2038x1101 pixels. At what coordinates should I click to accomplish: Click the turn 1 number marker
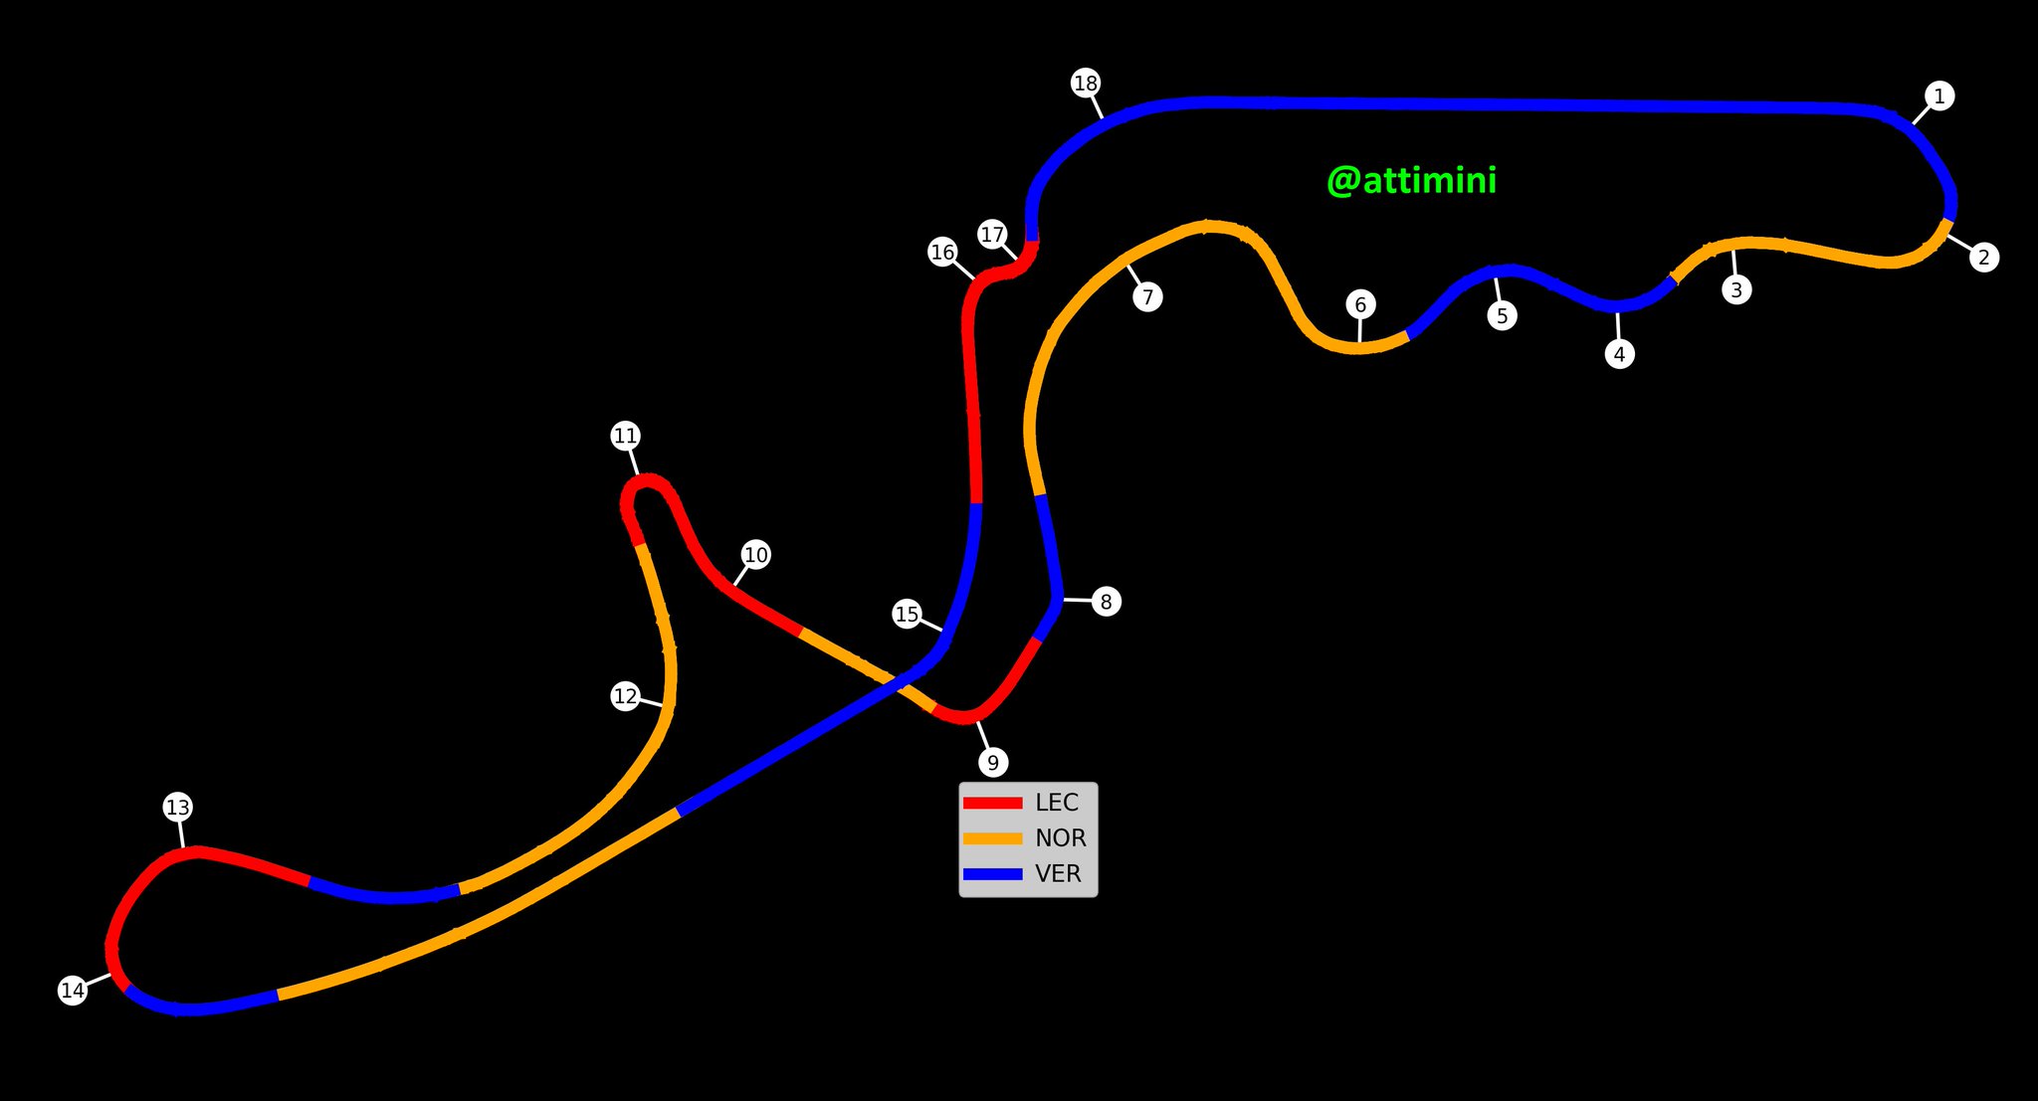click(x=1938, y=96)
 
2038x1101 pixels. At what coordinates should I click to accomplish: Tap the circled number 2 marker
click(x=1984, y=258)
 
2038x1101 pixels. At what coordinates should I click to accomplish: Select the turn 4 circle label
click(x=1619, y=354)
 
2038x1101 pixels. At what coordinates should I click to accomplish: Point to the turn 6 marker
click(x=1360, y=305)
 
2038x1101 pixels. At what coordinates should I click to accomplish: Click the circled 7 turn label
click(x=1147, y=296)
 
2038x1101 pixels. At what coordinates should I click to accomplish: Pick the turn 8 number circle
click(x=1106, y=602)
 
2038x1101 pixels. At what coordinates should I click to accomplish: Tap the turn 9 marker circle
click(x=992, y=763)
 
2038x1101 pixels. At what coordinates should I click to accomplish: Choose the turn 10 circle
click(x=756, y=555)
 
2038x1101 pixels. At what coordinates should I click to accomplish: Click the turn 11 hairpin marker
click(x=625, y=436)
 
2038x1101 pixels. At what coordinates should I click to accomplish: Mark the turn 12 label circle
click(x=625, y=696)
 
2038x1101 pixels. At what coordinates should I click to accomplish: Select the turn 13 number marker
click(x=177, y=808)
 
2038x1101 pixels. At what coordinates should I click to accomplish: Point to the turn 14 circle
click(x=73, y=991)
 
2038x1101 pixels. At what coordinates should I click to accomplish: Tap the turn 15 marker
click(x=907, y=615)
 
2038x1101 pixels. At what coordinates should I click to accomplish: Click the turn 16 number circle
click(x=942, y=253)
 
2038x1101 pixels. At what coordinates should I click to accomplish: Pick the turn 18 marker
click(x=1086, y=83)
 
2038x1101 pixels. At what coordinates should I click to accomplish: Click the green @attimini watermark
click(x=1411, y=181)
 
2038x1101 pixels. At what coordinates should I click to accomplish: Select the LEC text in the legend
click(x=1056, y=803)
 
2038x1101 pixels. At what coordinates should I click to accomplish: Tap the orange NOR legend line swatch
click(x=992, y=838)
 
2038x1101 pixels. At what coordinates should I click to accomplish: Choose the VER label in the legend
click(x=1057, y=874)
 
